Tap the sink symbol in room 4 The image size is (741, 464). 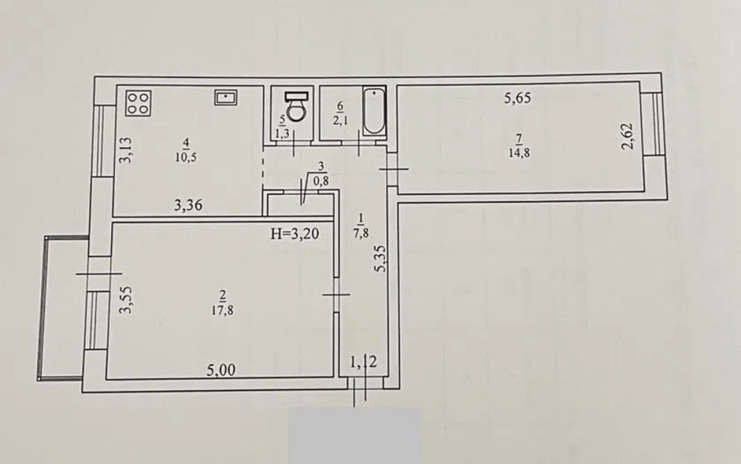pyautogui.click(x=225, y=96)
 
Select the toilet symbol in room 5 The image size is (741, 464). pyautogui.click(x=296, y=106)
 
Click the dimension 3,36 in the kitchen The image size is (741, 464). pyautogui.click(x=189, y=208)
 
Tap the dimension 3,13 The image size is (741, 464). pyautogui.click(x=125, y=151)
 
